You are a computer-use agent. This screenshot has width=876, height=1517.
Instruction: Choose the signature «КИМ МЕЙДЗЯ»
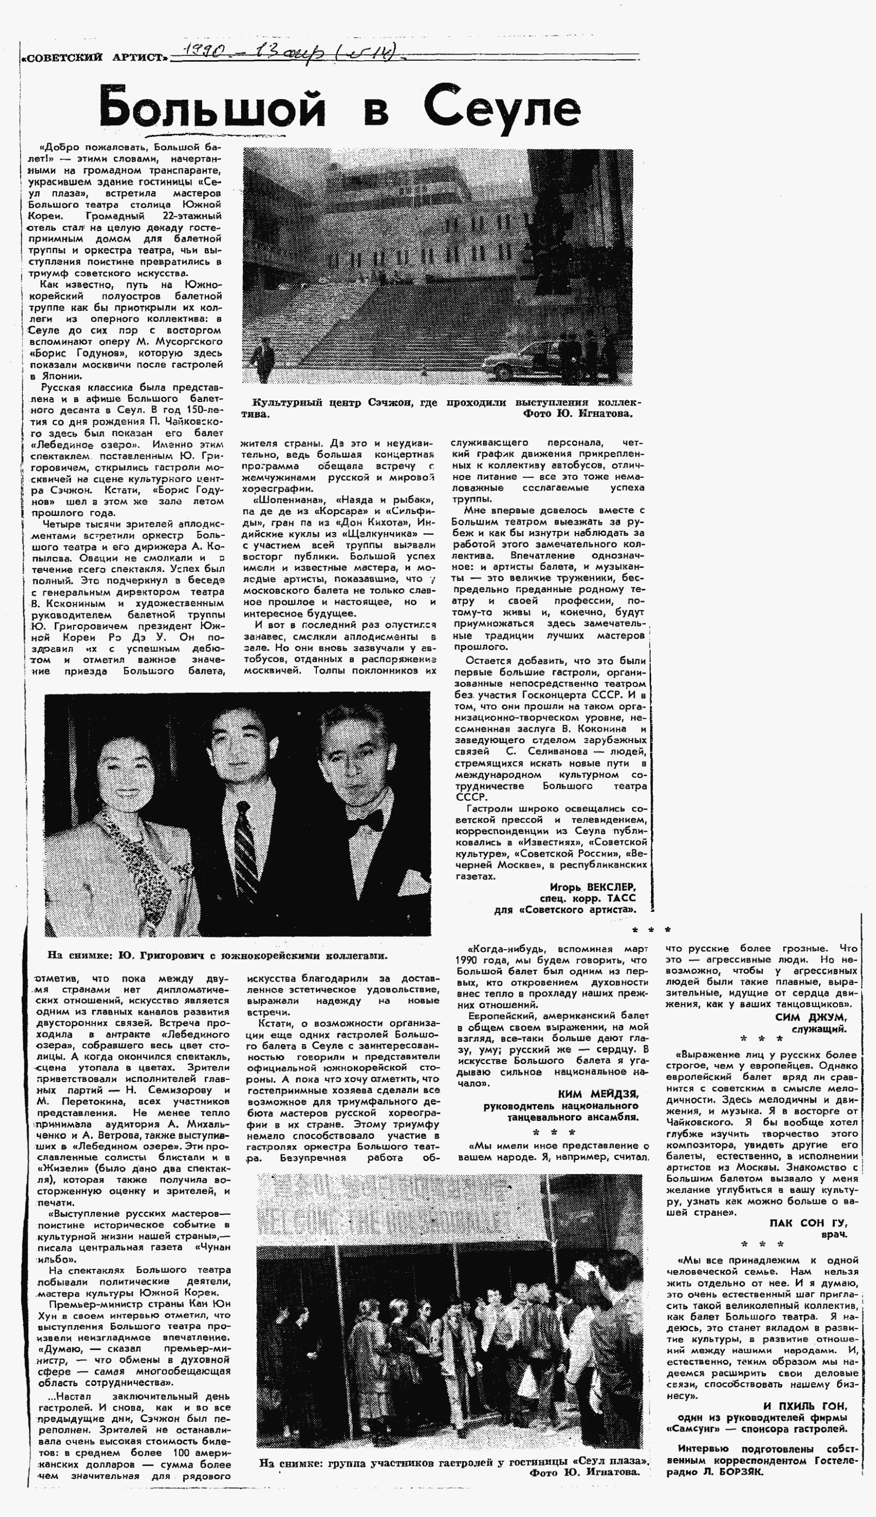(598, 1094)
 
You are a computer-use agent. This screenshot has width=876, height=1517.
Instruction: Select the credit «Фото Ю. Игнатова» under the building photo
(577, 414)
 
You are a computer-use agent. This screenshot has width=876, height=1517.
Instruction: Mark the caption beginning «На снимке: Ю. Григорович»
(217, 955)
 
